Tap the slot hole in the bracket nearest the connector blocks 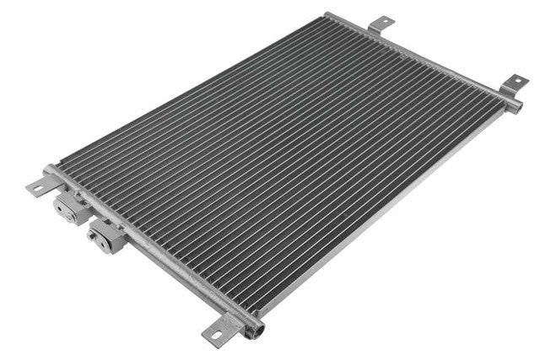(36, 187)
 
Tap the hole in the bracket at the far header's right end (515, 80)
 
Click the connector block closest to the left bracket (65, 206)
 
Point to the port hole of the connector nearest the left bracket (60, 210)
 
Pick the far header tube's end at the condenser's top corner (329, 16)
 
